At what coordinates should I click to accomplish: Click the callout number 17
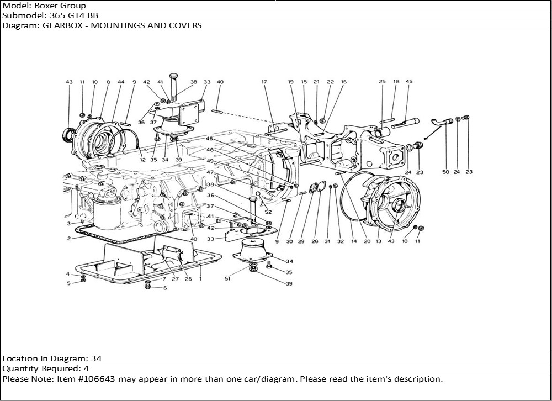(264, 82)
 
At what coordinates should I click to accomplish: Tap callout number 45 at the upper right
(409, 82)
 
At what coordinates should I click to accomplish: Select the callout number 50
(445, 172)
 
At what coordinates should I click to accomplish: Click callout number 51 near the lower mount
(227, 279)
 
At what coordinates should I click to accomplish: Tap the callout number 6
(164, 288)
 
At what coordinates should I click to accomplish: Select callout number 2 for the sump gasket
(69, 239)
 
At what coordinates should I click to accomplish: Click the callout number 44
(121, 82)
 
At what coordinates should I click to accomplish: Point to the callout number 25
(382, 82)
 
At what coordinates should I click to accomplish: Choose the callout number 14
(354, 241)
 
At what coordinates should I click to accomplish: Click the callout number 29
(301, 241)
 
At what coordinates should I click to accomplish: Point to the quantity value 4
(87, 368)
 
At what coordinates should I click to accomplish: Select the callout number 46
(210, 138)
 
